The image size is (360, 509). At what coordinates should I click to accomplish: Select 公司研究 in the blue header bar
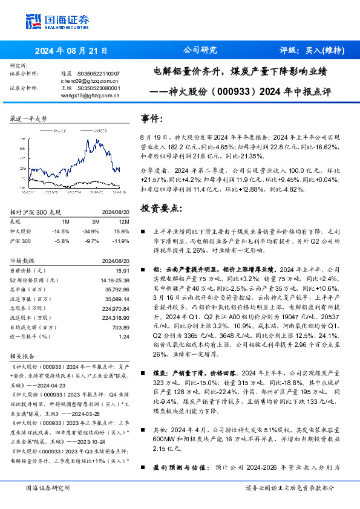point(199,51)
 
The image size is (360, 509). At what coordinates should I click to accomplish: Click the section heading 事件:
point(152,118)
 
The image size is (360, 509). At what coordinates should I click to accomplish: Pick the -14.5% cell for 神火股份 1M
point(62,232)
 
